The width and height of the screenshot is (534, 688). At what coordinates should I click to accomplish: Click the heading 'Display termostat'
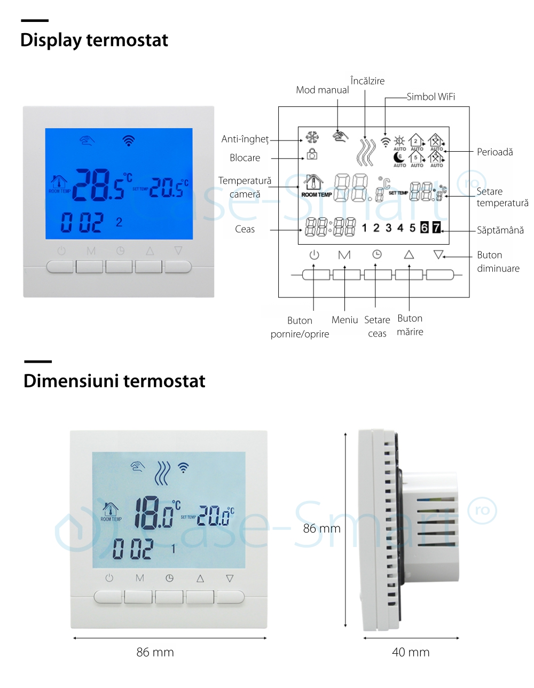(94, 40)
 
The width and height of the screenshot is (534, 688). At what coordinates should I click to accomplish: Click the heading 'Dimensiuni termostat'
(114, 381)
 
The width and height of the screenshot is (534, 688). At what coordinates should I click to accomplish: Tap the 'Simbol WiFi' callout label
(430, 97)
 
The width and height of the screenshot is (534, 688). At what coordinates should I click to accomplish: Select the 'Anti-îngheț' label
(245, 139)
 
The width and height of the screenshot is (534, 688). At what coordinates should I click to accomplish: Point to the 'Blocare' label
(245, 158)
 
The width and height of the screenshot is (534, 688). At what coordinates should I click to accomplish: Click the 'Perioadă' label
(494, 152)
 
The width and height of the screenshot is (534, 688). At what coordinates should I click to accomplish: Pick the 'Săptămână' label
(500, 230)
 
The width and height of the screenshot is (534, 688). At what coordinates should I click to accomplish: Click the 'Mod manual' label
(323, 90)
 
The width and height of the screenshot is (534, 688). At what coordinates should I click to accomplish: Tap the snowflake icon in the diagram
(312, 138)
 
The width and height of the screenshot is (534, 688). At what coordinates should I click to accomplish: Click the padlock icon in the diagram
(312, 155)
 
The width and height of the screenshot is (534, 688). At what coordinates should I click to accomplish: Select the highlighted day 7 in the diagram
(436, 228)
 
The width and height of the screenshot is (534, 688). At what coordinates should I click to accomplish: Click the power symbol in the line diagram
(314, 255)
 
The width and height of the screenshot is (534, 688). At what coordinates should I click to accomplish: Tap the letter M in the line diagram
(344, 255)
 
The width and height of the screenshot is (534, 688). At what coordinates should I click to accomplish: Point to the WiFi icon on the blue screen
(128, 140)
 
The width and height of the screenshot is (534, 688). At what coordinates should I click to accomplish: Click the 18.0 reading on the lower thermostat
(154, 513)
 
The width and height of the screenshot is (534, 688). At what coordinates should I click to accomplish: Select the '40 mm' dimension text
(411, 652)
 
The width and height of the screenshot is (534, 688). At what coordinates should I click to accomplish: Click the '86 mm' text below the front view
(155, 652)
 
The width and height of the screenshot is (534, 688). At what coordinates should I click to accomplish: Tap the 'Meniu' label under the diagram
(344, 320)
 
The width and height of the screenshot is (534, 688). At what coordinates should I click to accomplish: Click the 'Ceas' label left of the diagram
(245, 229)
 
